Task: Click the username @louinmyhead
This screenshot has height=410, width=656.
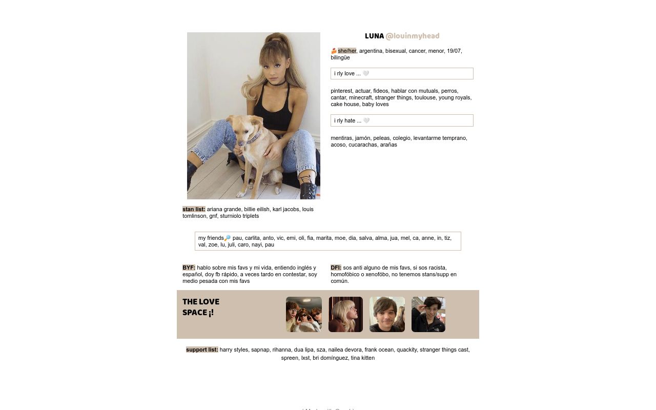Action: coord(412,36)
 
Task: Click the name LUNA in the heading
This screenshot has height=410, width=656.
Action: coord(374,36)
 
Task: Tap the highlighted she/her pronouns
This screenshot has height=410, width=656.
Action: coord(347,51)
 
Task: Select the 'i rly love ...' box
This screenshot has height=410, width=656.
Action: coord(402,73)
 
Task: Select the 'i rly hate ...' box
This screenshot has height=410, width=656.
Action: coord(402,120)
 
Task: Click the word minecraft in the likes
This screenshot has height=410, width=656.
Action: coord(360,97)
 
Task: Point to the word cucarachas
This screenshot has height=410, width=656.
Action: coord(362,145)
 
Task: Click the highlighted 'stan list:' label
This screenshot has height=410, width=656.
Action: coord(194,209)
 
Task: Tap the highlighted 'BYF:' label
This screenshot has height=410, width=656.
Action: coord(189,268)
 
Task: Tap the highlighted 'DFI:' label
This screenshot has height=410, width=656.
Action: coord(336,268)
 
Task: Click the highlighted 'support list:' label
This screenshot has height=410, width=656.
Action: coord(202,350)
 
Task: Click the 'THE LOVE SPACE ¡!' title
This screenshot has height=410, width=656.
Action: coord(201,307)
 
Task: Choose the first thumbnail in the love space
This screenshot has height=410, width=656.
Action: coord(304,314)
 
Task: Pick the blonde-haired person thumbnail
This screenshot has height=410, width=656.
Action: coord(345,314)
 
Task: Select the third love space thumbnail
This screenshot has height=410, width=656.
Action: coord(387,314)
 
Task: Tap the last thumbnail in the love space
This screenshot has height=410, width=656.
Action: coord(428,314)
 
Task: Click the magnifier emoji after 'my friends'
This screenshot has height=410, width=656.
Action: coord(228,238)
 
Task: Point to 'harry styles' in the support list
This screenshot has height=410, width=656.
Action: coord(234,350)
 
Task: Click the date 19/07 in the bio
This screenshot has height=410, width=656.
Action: coord(454,51)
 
